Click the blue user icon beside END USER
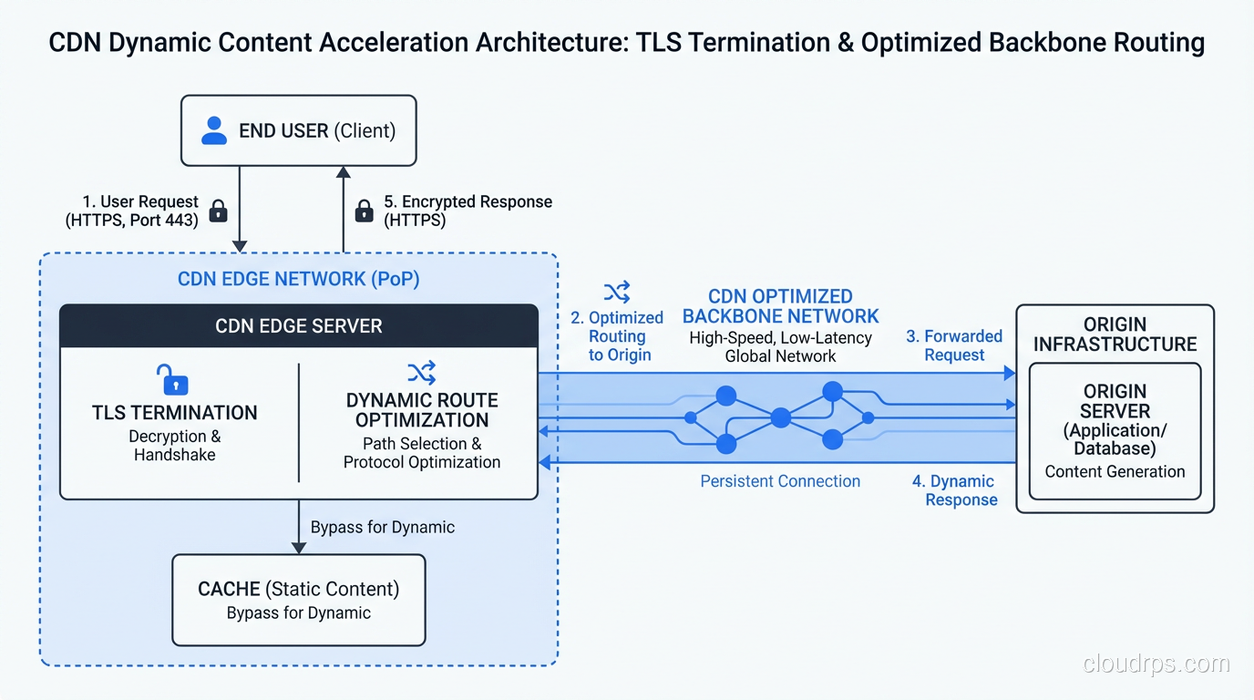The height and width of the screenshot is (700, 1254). [x=213, y=130]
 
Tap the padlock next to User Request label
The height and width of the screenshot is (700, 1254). [x=218, y=211]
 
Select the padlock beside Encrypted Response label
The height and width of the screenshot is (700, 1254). [x=364, y=211]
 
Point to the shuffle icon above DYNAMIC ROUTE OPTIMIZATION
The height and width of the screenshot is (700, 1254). [x=421, y=372]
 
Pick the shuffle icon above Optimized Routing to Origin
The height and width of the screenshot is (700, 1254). [x=617, y=292]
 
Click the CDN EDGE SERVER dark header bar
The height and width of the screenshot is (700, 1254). [x=299, y=325]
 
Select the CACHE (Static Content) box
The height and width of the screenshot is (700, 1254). [x=299, y=600]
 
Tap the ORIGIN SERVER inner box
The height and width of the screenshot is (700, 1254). [x=1115, y=430]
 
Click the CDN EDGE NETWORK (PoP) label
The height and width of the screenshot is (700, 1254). [x=299, y=279]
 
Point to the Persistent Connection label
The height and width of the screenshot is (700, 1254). [x=780, y=481]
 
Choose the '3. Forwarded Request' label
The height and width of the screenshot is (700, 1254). [x=954, y=345]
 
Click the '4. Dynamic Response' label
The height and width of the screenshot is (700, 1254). [x=954, y=490]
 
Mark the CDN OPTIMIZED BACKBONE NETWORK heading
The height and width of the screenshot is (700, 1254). [x=781, y=306]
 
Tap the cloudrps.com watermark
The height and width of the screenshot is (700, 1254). [x=1156, y=664]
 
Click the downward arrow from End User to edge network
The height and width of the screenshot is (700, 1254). [x=240, y=210]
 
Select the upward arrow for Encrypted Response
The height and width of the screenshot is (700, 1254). [x=344, y=210]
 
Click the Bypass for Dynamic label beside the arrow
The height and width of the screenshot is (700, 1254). [x=382, y=527]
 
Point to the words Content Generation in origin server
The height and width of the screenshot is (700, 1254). [x=1115, y=471]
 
